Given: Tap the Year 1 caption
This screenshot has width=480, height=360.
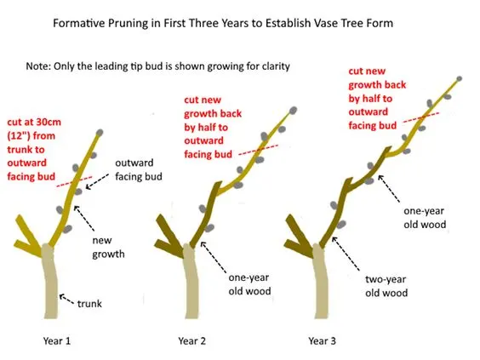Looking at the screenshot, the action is point(57,340).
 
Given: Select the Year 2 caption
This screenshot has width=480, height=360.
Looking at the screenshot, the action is point(192,340).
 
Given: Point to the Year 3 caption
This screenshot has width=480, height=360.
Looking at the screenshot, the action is point(322,340).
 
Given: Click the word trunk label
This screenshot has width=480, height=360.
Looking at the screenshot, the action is point(89,304).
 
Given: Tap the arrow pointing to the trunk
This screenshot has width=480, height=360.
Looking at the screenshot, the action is point(66,299).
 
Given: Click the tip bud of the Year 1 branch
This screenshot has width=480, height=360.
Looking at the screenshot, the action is point(100,133).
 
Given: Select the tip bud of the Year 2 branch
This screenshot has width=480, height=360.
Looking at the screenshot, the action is point(293,110).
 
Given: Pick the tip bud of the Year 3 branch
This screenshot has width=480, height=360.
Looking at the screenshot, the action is point(459,78).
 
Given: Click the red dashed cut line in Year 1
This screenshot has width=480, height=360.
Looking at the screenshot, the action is point(74,181).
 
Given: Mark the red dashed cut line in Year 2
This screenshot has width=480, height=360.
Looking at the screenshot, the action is point(259,150).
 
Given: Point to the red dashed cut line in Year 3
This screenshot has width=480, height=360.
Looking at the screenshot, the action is point(421,117).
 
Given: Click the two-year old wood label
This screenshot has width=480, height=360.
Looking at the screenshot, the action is point(386,286).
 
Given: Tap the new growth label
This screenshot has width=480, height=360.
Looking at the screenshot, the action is point(108,247).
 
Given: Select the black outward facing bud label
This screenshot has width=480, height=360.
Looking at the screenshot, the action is point(139,169).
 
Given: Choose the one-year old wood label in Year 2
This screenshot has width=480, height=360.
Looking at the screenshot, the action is point(249,284).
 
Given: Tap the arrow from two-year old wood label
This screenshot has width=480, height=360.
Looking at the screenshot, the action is point(346,254).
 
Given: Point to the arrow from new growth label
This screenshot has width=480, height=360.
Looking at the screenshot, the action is point(84,218).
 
